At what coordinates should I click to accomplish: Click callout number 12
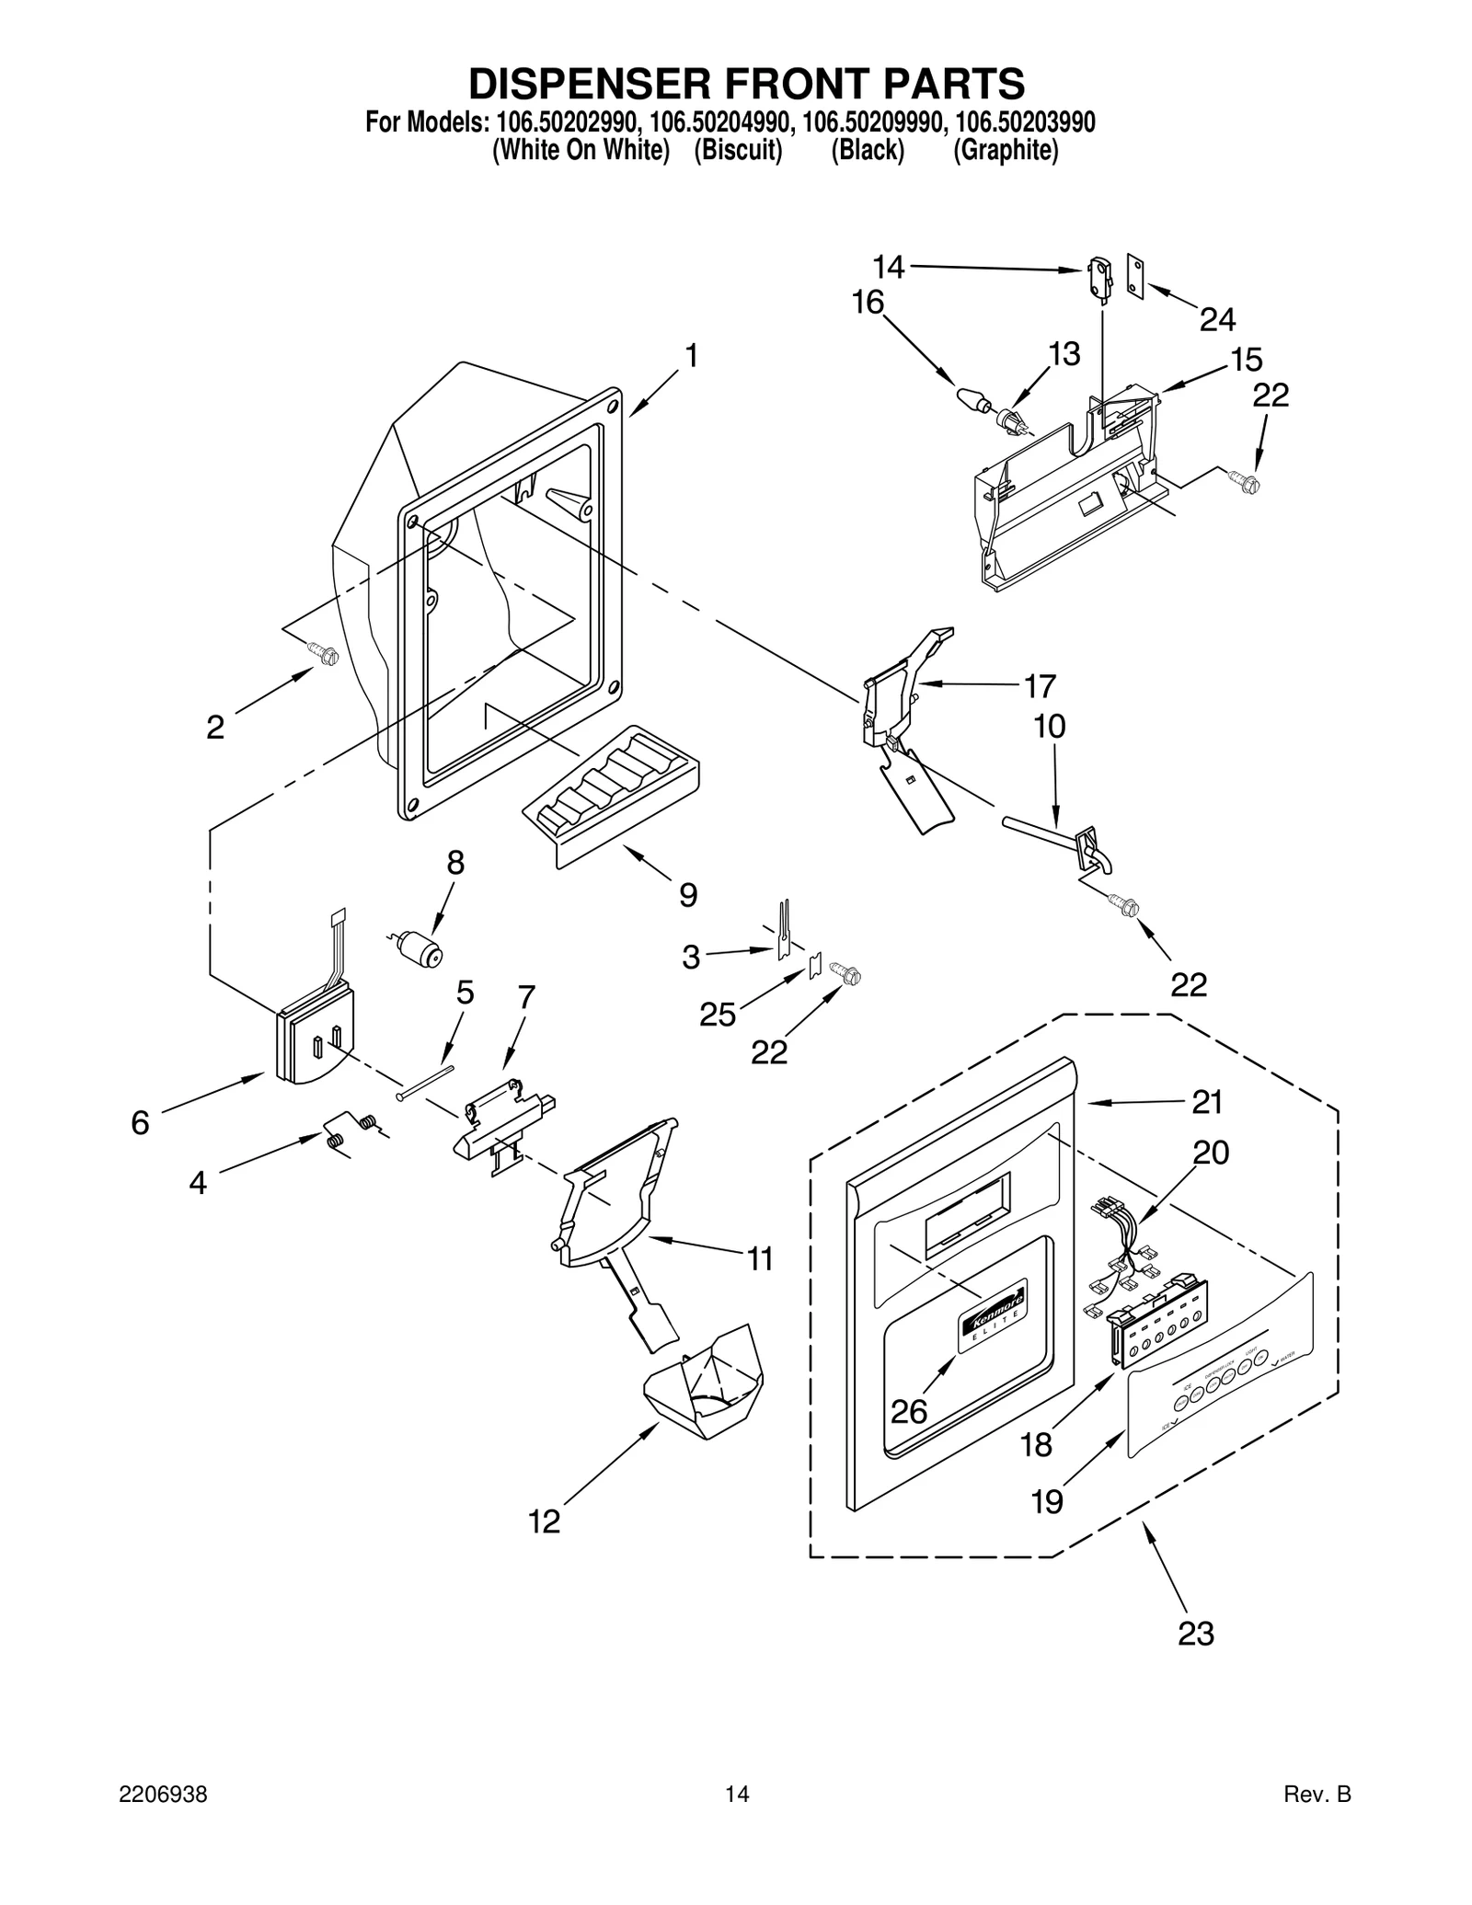pos(544,1521)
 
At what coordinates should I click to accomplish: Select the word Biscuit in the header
pos(738,150)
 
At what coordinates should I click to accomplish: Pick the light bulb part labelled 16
pos(971,399)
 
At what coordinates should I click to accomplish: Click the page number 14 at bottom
pos(736,1819)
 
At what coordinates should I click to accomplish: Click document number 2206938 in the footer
pos(163,1819)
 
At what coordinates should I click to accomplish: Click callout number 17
pos(1040,686)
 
